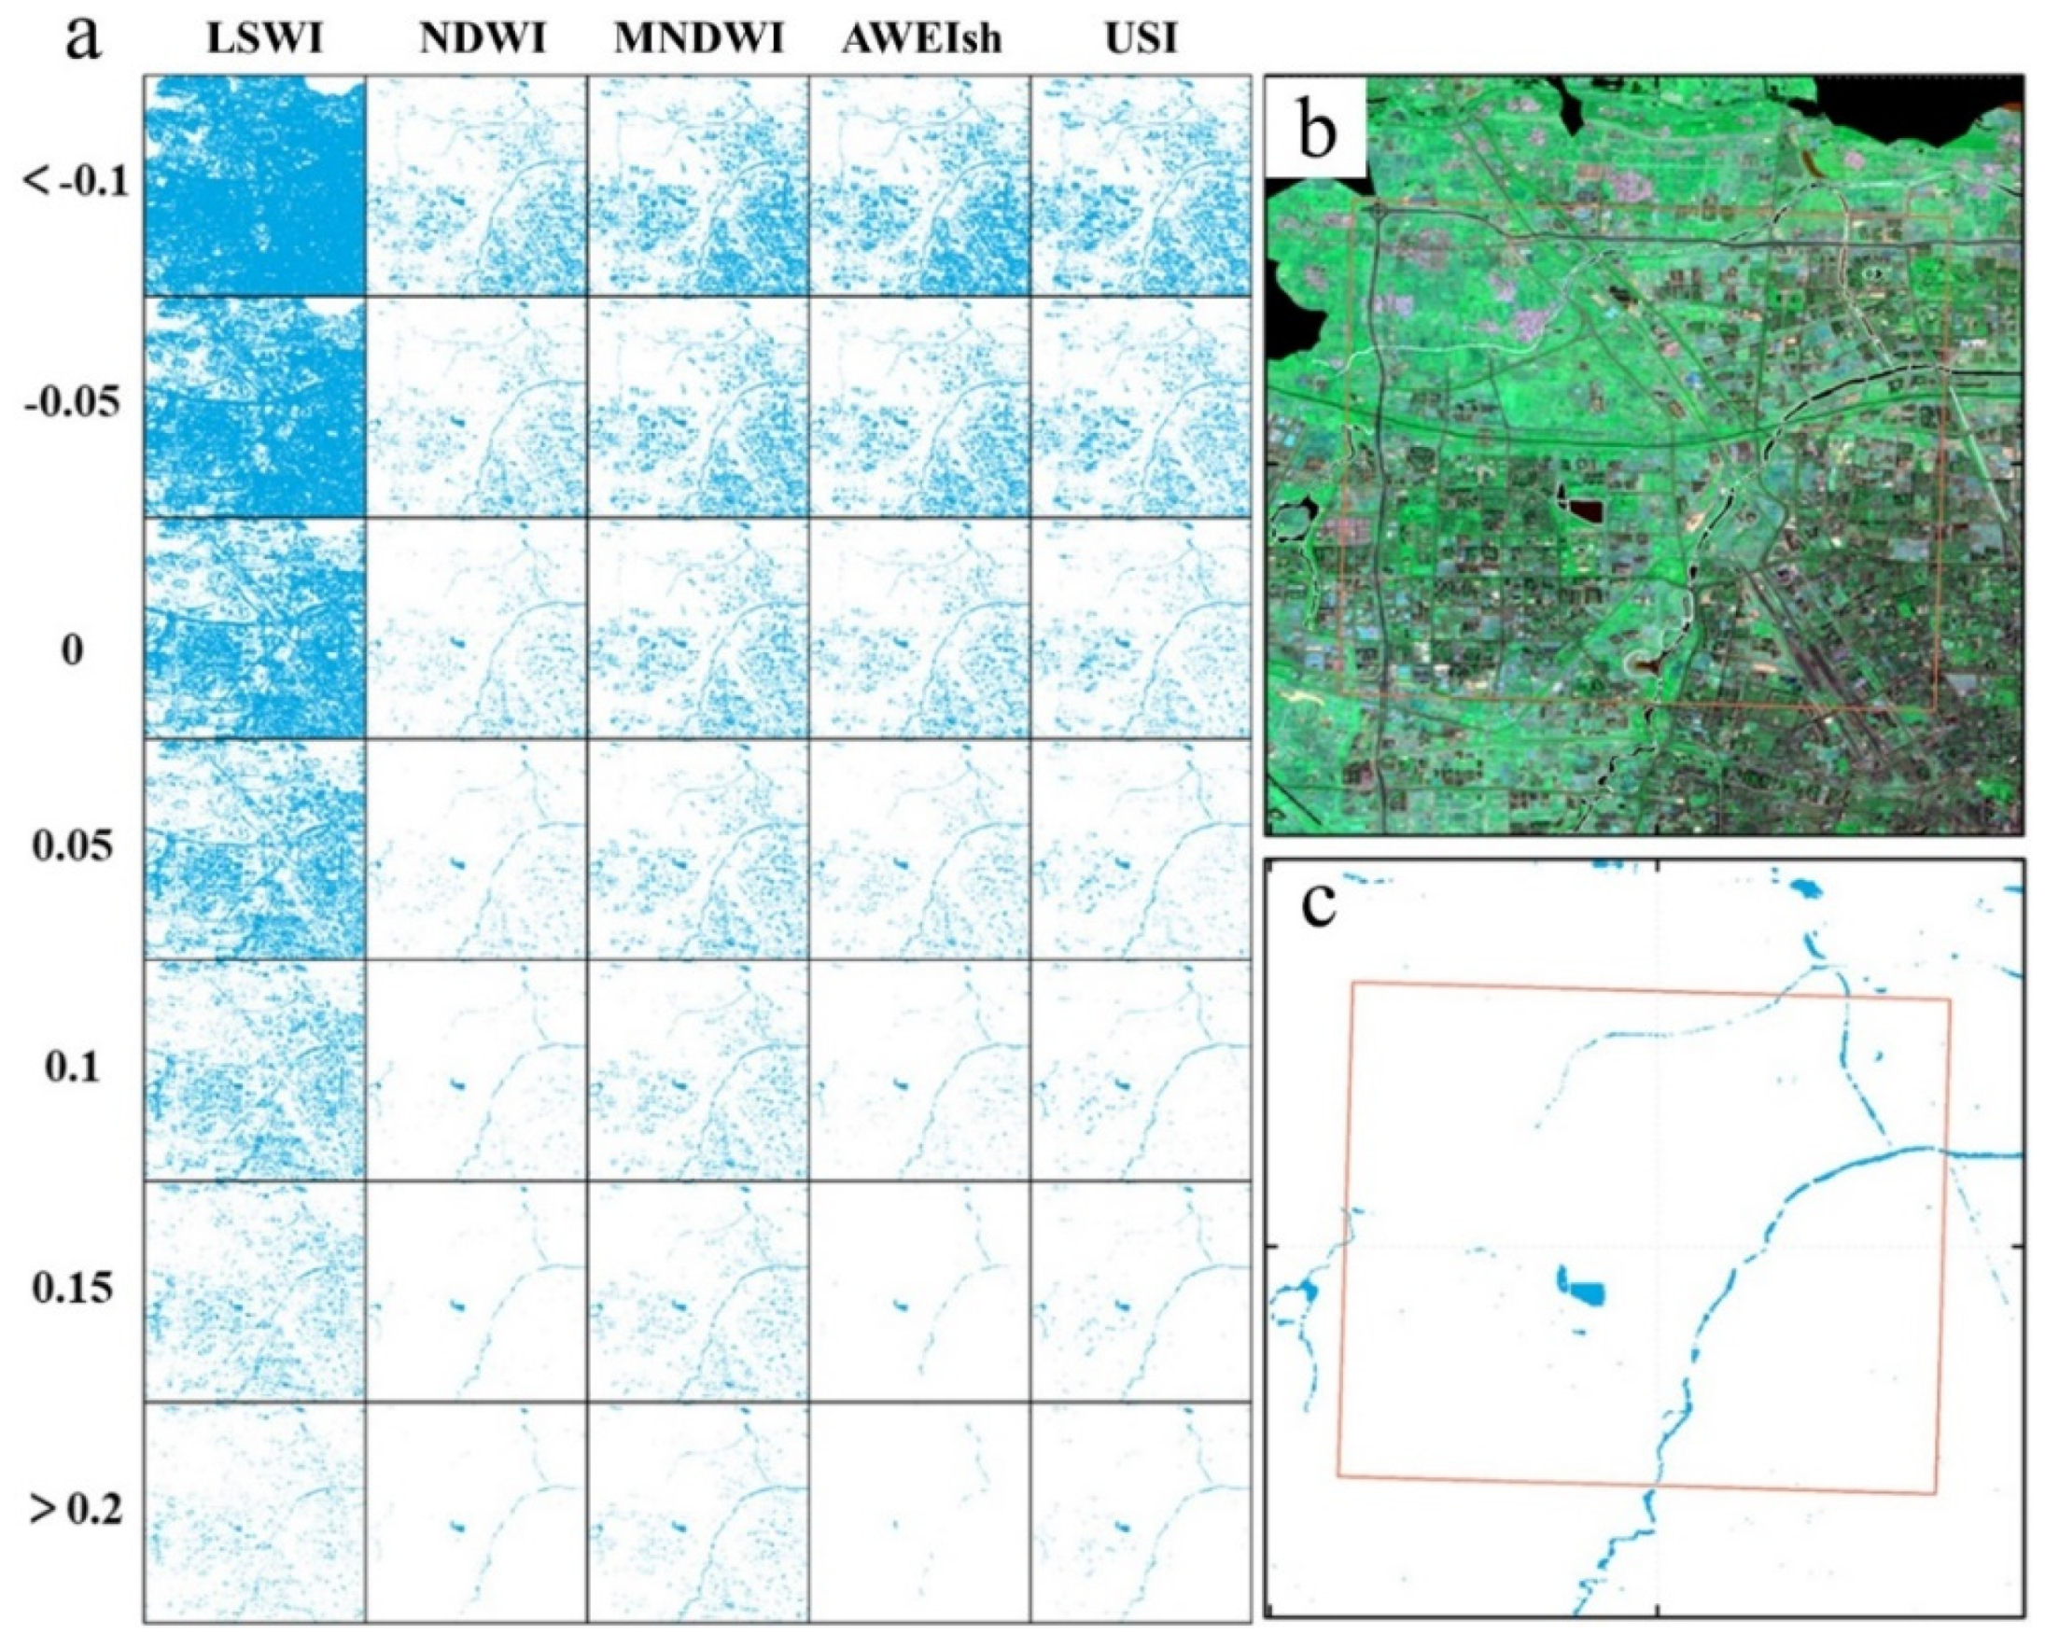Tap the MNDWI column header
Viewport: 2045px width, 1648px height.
click(x=698, y=41)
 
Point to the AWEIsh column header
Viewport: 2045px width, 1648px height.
click(x=921, y=41)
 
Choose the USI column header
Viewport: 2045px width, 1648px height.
click(x=1142, y=41)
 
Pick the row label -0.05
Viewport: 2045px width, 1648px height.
click(x=72, y=403)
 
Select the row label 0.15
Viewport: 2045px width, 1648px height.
click(x=72, y=1289)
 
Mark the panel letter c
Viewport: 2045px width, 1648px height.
click(x=1319, y=904)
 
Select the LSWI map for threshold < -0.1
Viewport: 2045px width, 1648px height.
click(x=255, y=186)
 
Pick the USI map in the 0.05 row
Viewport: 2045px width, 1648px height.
click(x=1141, y=848)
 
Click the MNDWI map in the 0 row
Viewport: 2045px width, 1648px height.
click(x=698, y=627)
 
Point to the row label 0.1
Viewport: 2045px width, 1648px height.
click(x=72, y=1068)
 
